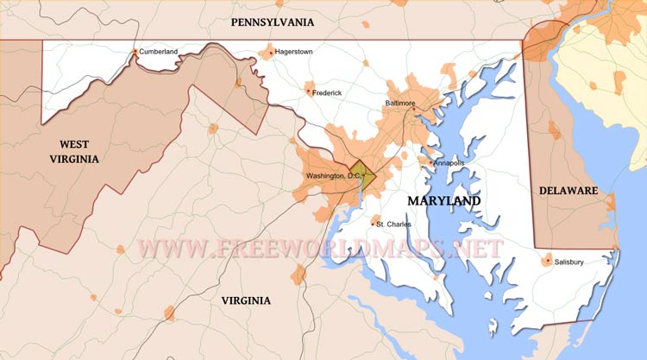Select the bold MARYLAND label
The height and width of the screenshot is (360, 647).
tap(443, 200)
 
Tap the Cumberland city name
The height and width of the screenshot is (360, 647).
tap(159, 52)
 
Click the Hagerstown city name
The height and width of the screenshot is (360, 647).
tap(294, 52)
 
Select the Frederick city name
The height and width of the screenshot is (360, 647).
tap(328, 92)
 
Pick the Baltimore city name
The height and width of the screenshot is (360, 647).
tap(400, 103)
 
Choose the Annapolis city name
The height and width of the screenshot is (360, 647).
tap(449, 162)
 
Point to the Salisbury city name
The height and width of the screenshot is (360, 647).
tap(569, 262)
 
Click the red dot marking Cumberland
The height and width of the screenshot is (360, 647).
tap(135, 52)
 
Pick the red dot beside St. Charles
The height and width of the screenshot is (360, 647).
tap(374, 223)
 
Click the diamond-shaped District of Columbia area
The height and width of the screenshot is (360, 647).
tap(362, 172)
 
